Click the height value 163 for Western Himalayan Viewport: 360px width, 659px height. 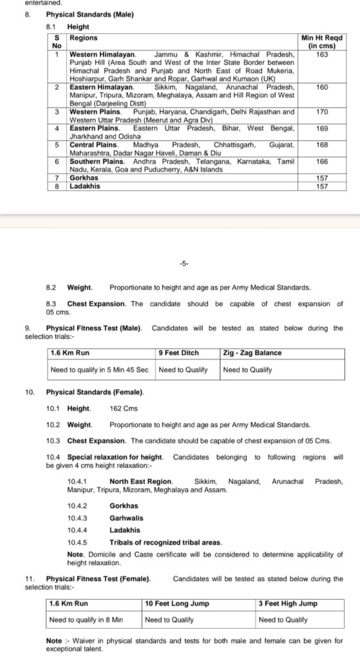pyautogui.click(x=322, y=55)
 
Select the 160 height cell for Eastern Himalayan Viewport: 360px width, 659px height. pyautogui.click(x=322, y=87)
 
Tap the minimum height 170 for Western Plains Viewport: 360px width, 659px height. pyautogui.click(x=322, y=112)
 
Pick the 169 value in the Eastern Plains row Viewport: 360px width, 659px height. pyautogui.click(x=322, y=129)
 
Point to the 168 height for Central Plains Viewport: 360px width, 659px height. pyautogui.click(x=322, y=145)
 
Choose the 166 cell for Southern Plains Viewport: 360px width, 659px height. pyautogui.click(x=322, y=162)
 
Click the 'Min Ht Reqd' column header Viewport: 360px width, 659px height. pyautogui.click(x=322, y=42)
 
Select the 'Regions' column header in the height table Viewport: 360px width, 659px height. pyautogui.click(x=80, y=39)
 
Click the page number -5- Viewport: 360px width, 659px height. pyautogui.click(x=184, y=264)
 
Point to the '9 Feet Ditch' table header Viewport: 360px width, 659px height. pyautogui.click(x=178, y=353)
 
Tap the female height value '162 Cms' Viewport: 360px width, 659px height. pyautogui.click(x=124, y=408)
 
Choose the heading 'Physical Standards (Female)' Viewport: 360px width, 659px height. pyautogui.click(x=95, y=392)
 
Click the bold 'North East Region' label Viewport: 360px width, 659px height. pyautogui.click(x=140, y=481)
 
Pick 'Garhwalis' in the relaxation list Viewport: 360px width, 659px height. pyautogui.click(x=126, y=518)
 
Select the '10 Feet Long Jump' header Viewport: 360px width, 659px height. pyautogui.click(x=176, y=604)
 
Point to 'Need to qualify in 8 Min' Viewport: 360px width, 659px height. pyautogui.click(x=86, y=620)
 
